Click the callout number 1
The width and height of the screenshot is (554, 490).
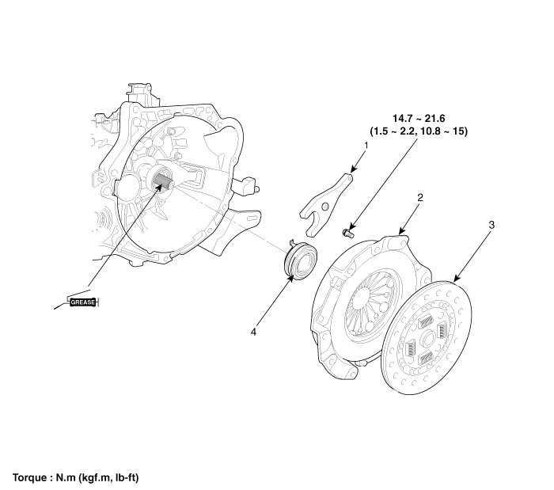click(366, 146)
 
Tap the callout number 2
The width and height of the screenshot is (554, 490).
click(419, 198)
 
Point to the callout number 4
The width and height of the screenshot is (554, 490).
click(253, 332)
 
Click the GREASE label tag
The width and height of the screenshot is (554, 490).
click(83, 302)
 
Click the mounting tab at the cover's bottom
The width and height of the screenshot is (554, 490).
click(341, 367)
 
